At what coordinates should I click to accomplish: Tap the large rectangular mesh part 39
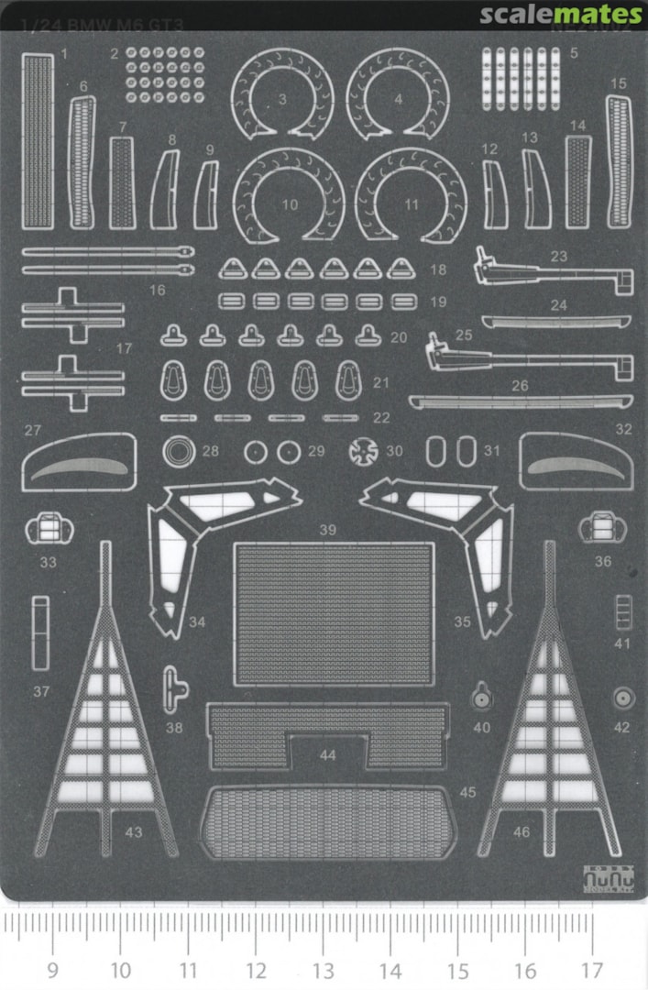point(334,614)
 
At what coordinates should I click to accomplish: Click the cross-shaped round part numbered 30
point(365,450)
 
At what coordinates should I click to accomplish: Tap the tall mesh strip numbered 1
point(37,141)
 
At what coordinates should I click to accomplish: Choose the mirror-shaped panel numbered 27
point(79,463)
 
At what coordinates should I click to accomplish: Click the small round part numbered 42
point(623,699)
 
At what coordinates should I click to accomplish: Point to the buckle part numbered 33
point(46,528)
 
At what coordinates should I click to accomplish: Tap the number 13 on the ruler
point(323,970)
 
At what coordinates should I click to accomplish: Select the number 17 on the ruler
point(592,970)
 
